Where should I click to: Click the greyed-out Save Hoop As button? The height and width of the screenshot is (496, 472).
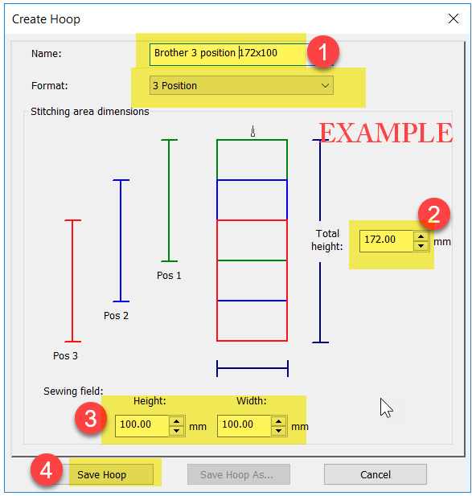click(239, 474)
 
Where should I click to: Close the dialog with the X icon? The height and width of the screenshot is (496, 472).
click(454, 18)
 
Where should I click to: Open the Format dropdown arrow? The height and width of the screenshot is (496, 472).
click(325, 85)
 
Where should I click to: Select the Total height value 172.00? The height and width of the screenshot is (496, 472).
click(380, 240)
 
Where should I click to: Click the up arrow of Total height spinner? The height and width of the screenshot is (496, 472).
click(421, 236)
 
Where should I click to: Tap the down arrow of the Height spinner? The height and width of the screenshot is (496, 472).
click(177, 431)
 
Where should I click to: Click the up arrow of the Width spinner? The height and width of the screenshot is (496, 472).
click(279, 421)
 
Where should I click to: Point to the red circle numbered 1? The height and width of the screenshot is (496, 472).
click(323, 51)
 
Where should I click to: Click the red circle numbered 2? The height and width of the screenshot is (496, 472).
click(433, 214)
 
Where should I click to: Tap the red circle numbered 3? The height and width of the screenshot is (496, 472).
click(91, 418)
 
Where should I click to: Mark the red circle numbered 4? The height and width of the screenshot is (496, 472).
click(47, 470)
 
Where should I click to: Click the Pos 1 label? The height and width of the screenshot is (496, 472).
click(169, 276)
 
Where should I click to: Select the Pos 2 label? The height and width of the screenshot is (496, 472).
click(116, 316)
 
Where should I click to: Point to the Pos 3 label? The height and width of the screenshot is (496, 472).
click(65, 356)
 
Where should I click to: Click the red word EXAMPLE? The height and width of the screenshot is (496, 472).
click(386, 133)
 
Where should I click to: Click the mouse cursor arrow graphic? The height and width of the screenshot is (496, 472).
click(386, 408)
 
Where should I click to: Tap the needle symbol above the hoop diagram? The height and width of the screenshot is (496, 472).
click(252, 131)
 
